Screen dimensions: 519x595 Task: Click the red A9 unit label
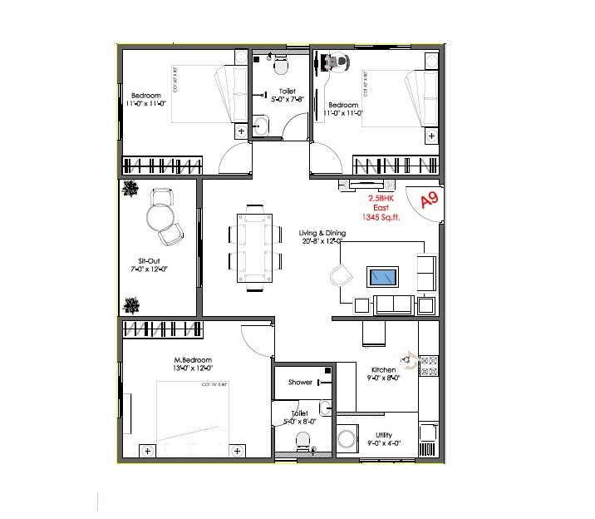coord(429,200)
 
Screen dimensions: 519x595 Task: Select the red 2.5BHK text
coord(382,200)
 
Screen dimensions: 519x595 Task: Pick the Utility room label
coord(383,434)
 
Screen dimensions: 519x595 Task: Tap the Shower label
coord(300,383)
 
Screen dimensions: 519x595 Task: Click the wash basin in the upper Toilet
coord(260,126)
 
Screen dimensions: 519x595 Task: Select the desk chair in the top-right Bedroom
coord(336,61)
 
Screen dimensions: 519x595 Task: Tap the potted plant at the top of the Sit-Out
coord(130,189)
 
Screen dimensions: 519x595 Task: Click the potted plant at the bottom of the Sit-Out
coord(130,304)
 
